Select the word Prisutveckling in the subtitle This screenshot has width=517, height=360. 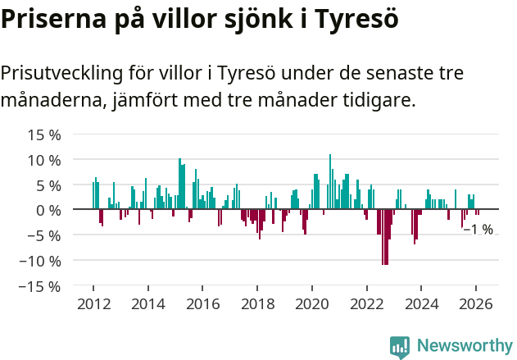point(61,73)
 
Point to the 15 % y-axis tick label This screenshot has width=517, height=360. point(44,134)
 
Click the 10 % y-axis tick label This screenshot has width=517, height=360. point(44,160)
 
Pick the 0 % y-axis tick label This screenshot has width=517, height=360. point(48,210)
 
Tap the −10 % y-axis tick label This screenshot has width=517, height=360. point(40,261)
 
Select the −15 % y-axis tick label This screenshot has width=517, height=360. point(40,286)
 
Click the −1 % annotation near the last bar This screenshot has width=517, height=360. point(478,230)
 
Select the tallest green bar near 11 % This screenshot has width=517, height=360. point(330,181)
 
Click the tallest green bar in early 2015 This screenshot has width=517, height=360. point(179,184)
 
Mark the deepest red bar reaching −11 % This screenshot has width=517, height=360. point(384,237)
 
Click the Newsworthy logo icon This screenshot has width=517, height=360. point(400,346)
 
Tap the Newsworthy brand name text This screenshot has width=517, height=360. point(464,346)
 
